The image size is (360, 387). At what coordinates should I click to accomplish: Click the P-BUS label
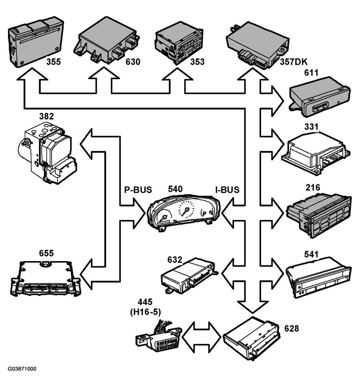point(138,190)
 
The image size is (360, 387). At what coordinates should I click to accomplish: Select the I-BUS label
point(227,190)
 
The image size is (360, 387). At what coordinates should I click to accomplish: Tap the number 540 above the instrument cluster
point(175,189)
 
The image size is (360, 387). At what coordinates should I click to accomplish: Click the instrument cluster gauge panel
point(184,213)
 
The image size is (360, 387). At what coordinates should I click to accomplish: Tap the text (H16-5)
point(146,312)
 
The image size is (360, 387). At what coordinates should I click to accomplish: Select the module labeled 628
point(251,338)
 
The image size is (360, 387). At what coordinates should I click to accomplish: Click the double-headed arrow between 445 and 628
point(201,337)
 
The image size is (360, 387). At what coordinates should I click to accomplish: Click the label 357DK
point(294,62)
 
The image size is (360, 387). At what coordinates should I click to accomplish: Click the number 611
point(311,73)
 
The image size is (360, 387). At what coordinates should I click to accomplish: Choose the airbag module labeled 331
point(316,153)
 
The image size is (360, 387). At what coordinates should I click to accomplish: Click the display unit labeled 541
point(318,278)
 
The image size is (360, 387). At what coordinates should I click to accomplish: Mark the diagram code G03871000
point(22,369)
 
